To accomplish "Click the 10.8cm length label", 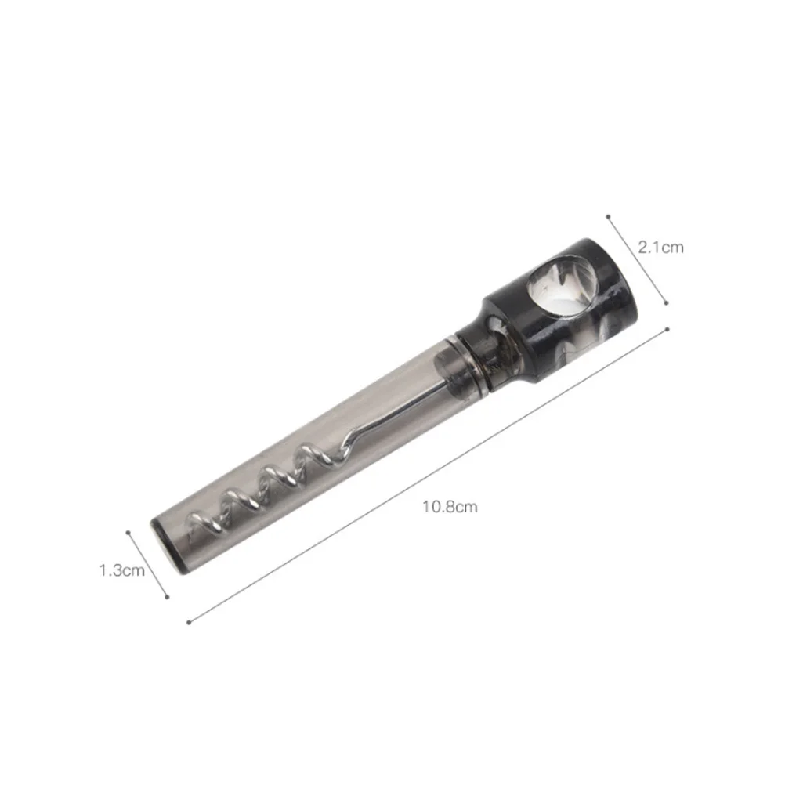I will pyautogui.click(x=450, y=507).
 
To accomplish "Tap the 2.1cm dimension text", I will pyautogui.click(x=660, y=248).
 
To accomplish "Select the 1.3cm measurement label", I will pyautogui.click(x=122, y=570).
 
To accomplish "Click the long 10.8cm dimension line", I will pyautogui.click(x=428, y=476).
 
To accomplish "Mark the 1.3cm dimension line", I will pyautogui.click(x=147, y=564).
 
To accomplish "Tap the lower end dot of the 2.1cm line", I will pyautogui.click(x=665, y=302).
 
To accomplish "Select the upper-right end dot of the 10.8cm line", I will pyautogui.click(x=667, y=329).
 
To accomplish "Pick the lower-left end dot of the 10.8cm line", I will pyautogui.click(x=189, y=623).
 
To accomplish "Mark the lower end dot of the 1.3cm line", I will pyautogui.click(x=167, y=596).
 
